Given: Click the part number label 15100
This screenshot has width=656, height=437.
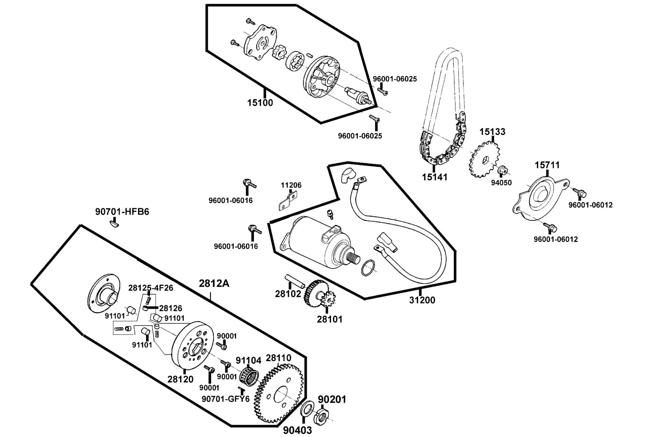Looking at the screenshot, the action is [x=260, y=103].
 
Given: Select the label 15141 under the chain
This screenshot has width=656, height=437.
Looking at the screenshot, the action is [x=434, y=177].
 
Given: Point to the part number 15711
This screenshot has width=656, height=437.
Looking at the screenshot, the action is [x=547, y=165].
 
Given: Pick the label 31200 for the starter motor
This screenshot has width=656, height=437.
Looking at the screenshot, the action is [x=422, y=300].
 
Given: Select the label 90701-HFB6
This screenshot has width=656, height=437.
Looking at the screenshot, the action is [x=122, y=212].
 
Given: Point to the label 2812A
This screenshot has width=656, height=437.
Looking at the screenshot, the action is [x=214, y=283].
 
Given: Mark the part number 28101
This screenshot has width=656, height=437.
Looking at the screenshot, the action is [x=329, y=319].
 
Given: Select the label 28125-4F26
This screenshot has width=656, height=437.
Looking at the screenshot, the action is [x=151, y=288].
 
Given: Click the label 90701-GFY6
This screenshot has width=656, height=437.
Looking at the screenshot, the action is [x=226, y=399].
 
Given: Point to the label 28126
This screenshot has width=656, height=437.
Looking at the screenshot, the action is [x=171, y=308].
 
